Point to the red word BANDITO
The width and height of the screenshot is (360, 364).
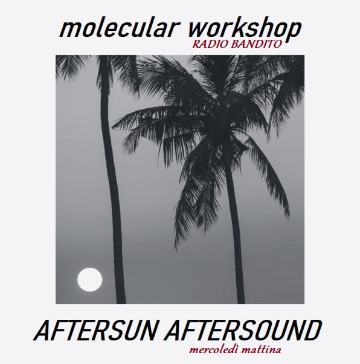click(x=257, y=45)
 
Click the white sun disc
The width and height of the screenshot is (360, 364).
click(x=89, y=279)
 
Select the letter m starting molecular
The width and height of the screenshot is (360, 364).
click(x=68, y=28)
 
